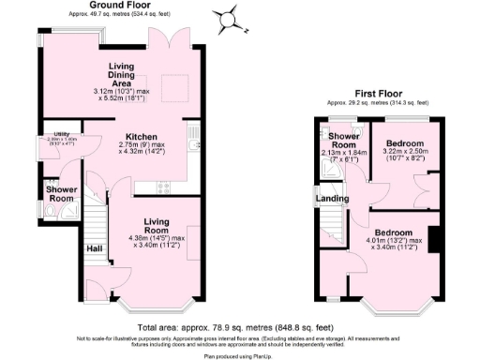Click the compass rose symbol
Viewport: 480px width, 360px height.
226,17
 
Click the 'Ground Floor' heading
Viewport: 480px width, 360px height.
122,5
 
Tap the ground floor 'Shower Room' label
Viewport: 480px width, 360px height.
61,193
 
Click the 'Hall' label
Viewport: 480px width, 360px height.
95,247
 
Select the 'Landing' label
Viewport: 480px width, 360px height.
333,199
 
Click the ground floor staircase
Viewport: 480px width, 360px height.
95,223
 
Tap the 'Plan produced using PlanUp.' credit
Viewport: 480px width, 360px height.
239,354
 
